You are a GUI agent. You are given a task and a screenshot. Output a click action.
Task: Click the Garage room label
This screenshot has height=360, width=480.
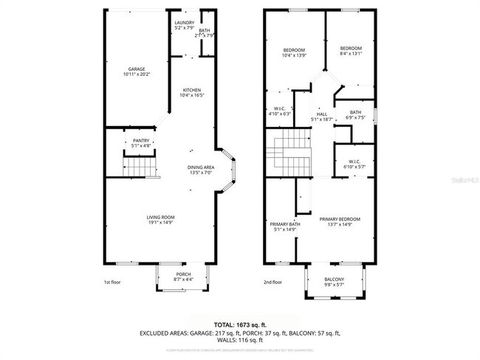click(135, 69)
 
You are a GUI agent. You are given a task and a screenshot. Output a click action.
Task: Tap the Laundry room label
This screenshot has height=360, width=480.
click(184, 23)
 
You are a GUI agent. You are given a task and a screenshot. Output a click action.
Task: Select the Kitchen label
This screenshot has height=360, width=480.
click(191, 90)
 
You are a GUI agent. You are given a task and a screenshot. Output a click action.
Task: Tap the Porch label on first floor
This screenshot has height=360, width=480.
click(183, 274)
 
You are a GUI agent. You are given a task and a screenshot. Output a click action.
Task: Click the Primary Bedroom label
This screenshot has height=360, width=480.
click(340, 219)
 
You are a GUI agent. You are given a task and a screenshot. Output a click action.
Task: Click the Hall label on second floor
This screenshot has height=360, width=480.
click(322, 114)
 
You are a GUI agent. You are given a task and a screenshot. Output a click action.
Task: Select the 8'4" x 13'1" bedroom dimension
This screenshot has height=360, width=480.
click(351, 53)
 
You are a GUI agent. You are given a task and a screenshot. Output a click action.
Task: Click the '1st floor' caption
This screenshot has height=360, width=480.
click(112, 283)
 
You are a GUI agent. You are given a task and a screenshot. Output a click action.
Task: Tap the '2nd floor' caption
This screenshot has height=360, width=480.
click(272, 283)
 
